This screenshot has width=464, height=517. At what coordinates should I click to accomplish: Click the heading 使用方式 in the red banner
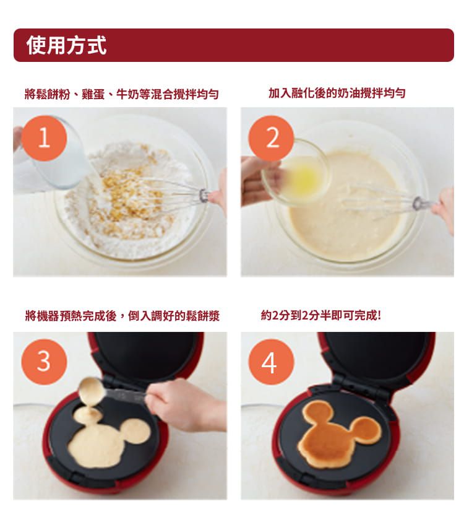(x=67, y=45)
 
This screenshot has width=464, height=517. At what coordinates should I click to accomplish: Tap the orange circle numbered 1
(x=44, y=138)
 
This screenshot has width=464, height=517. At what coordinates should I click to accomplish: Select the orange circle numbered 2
(x=271, y=138)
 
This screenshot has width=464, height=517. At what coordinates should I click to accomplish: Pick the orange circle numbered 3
(x=44, y=362)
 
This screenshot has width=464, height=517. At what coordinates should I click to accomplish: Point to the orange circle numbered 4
(x=271, y=362)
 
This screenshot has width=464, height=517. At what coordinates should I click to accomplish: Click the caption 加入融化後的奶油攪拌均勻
(x=337, y=93)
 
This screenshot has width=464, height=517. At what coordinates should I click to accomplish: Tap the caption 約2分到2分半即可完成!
(x=320, y=316)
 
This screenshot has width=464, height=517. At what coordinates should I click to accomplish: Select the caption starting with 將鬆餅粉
(x=122, y=94)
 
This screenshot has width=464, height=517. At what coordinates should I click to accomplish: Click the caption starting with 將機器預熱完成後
(x=122, y=316)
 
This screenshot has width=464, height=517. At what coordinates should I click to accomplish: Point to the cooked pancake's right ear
(x=366, y=429)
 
